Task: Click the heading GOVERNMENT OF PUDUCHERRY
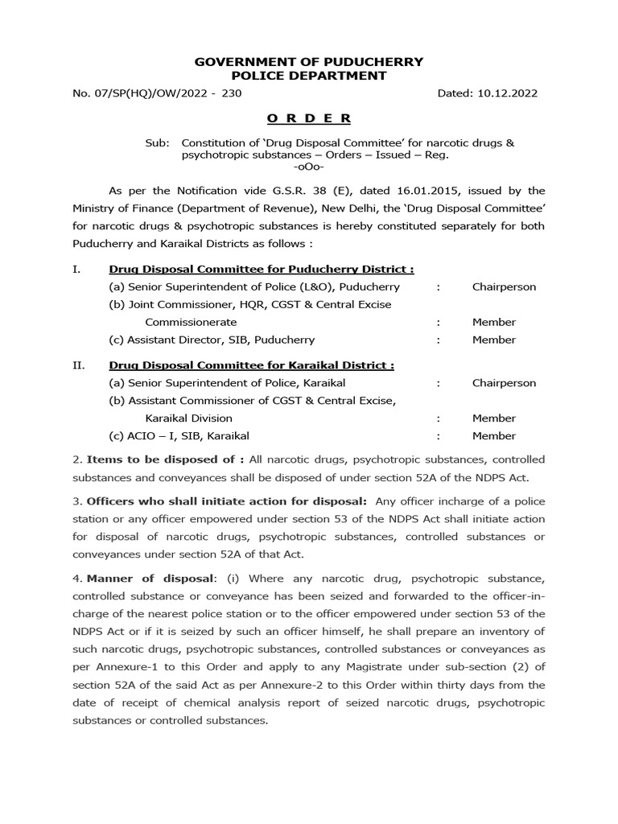(309, 62)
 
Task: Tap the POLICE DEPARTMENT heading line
(309, 76)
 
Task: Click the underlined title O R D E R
(309, 118)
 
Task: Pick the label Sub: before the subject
(158, 142)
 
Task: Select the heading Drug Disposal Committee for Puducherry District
(262, 269)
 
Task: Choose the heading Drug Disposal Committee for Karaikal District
(251, 365)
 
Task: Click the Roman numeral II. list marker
(78, 365)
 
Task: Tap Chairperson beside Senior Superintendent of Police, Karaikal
(504, 383)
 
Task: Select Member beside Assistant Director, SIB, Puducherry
(494, 340)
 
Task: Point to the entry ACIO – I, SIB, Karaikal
(179, 435)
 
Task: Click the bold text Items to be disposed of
(166, 459)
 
